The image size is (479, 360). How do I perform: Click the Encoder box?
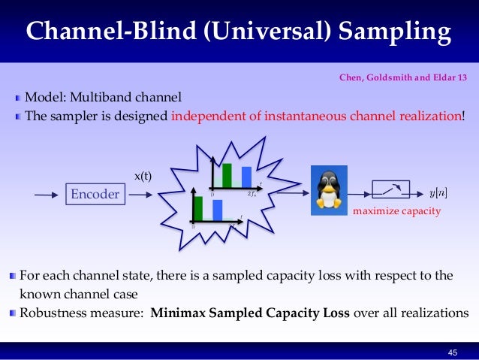pyautogui.click(x=95, y=195)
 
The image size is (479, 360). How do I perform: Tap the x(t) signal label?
pyautogui.click(x=143, y=177)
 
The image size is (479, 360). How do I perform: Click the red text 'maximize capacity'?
pyautogui.click(x=396, y=213)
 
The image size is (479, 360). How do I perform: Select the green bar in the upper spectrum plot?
pyautogui.click(x=227, y=174)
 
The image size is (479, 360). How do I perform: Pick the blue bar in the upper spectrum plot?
pyautogui.click(x=246, y=177)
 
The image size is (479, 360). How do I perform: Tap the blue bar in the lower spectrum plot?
pyautogui.click(x=217, y=210)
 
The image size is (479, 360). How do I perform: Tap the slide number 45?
pyautogui.click(x=452, y=352)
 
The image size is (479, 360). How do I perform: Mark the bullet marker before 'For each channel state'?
pyautogui.click(x=13, y=276)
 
